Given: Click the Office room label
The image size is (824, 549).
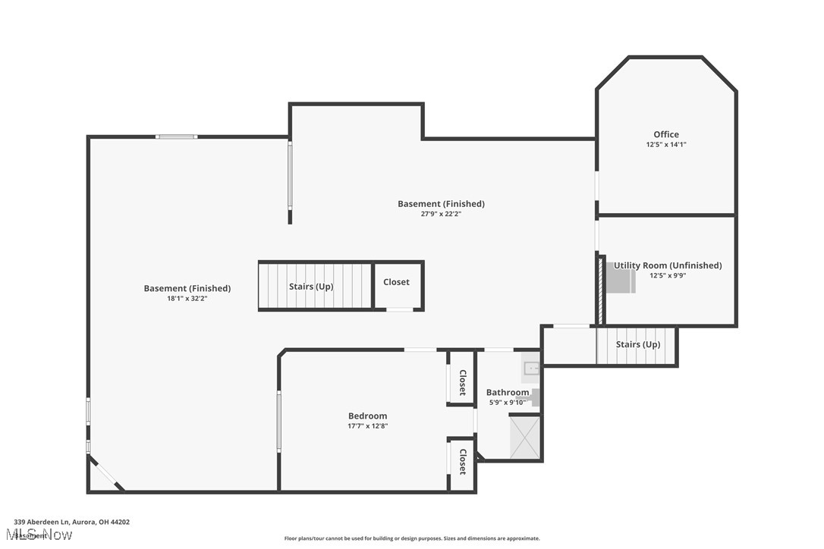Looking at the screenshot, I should (666, 134).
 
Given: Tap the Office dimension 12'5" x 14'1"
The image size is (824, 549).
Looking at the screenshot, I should (666, 144).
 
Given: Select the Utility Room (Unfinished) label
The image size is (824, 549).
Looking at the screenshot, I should (668, 265).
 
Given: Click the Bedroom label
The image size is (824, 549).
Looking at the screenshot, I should (367, 416).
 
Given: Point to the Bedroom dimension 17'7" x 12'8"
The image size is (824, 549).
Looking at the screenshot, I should (367, 426).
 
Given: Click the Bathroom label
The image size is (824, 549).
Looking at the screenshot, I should (507, 392).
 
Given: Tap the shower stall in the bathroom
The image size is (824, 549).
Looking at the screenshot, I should (524, 438).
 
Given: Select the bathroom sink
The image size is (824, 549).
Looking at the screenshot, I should (531, 369).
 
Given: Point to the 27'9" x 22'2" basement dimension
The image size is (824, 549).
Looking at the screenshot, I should (441, 214).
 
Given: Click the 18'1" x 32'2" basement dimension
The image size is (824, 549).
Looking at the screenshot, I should (187, 299).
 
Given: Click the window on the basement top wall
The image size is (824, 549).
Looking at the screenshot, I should (177, 136).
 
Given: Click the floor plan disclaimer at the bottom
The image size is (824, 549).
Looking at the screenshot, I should (412, 538).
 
